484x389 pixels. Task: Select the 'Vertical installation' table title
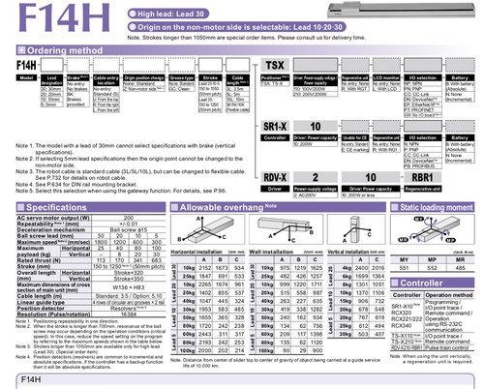(x=336, y=222)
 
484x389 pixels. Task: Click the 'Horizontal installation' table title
(x=197, y=222)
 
